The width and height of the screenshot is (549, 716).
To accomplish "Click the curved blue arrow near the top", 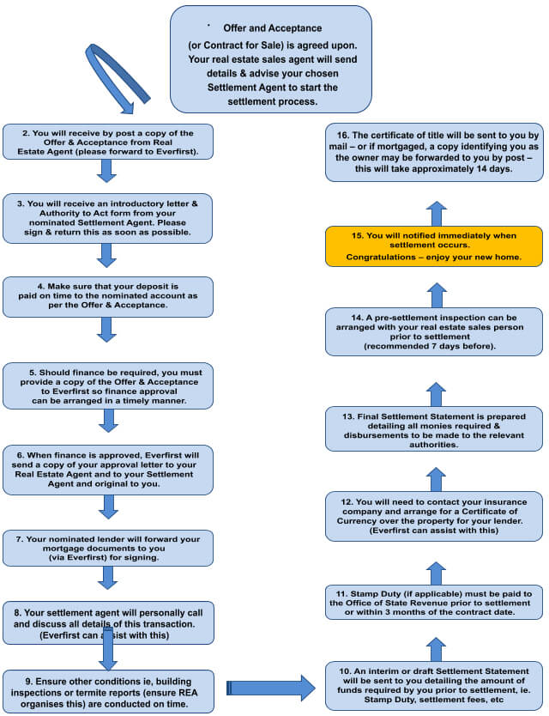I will click(120, 77).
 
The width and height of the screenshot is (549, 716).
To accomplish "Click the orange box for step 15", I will click(434, 246).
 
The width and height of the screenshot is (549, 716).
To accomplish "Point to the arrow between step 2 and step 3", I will click(107, 171).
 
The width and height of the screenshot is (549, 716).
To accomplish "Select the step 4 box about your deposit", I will click(107, 297).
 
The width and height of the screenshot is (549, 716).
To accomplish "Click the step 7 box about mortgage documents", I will click(107, 547).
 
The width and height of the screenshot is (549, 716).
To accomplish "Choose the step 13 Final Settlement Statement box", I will click(434, 428).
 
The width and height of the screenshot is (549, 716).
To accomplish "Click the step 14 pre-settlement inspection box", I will click(434, 331).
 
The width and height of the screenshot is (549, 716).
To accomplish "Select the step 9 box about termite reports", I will click(107, 691).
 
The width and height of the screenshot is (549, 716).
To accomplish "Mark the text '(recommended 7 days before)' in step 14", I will click(434, 345).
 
